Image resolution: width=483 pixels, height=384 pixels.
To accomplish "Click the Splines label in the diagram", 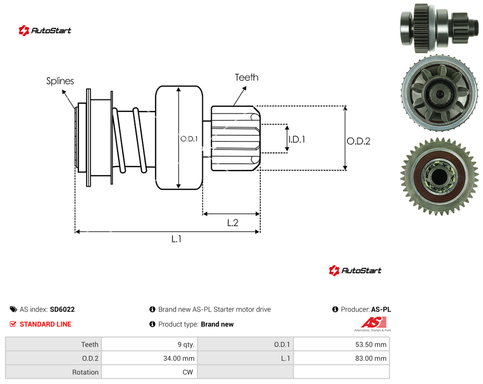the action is click(x=60, y=81).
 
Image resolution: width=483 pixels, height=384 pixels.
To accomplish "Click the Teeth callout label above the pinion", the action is click(x=246, y=77).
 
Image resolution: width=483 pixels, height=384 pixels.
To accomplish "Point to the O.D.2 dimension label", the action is click(x=359, y=141).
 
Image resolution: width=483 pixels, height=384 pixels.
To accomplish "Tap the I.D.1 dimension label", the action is click(x=297, y=140).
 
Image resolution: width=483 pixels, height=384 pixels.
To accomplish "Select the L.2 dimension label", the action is click(x=233, y=223).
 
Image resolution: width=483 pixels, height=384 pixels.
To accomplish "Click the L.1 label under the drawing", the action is click(x=176, y=239).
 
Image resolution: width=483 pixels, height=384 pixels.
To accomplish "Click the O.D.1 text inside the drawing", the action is click(x=189, y=139).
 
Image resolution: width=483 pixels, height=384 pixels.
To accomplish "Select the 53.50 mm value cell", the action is click(x=341, y=344).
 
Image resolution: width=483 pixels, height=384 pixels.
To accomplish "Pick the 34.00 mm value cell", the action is click(x=149, y=358).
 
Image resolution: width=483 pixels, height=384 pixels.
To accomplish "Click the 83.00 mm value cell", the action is click(x=341, y=358).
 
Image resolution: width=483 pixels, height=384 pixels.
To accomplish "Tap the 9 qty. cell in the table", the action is click(x=149, y=344).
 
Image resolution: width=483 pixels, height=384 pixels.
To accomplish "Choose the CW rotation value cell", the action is click(x=149, y=372).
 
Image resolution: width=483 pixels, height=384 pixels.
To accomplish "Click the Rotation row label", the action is click(x=85, y=372).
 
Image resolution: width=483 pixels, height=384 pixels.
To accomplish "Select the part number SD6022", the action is click(x=62, y=309).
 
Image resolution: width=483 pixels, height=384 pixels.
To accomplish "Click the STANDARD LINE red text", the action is click(x=46, y=324).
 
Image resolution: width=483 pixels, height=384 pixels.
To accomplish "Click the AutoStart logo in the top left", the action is click(x=45, y=30).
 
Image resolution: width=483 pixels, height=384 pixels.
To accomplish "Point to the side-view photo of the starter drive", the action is click(x=439, y=28).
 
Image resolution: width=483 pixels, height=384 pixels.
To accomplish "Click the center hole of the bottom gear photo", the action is click(x=439, y=177).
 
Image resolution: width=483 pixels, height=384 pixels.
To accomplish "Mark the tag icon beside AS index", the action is click(x=13, y=309).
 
